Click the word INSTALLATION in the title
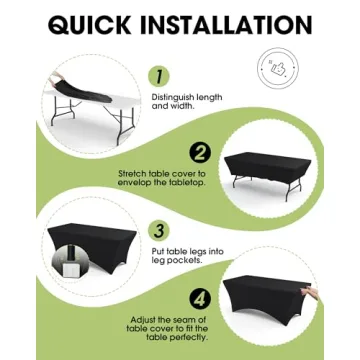tap(232, 24)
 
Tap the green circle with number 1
tap(158, 76)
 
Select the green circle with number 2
tap(201, 153)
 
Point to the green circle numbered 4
tap(201, 298)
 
